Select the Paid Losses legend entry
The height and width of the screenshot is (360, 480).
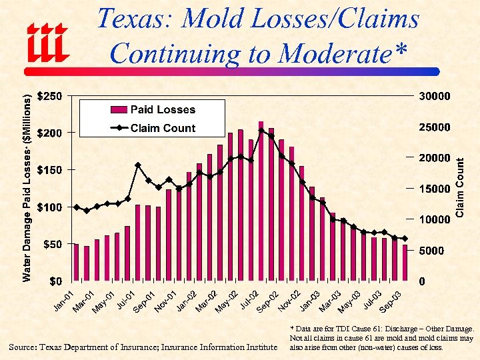[x=162, y=109]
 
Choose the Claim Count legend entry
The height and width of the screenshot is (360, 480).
[x=162, y=128]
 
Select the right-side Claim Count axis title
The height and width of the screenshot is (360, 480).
[x=459, y=187]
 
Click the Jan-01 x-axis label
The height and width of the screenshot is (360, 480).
[x=63, y=301]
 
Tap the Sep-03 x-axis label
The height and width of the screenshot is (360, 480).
[x=391, y=301]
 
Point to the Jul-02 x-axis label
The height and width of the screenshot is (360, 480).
[x=248, y=301]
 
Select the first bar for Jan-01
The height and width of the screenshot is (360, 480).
[x=76, y=263]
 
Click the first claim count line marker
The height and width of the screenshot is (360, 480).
[x=76, y=207]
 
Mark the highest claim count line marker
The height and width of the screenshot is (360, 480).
[x=261, y=131]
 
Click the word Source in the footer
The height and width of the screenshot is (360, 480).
[x=25, y=347]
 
